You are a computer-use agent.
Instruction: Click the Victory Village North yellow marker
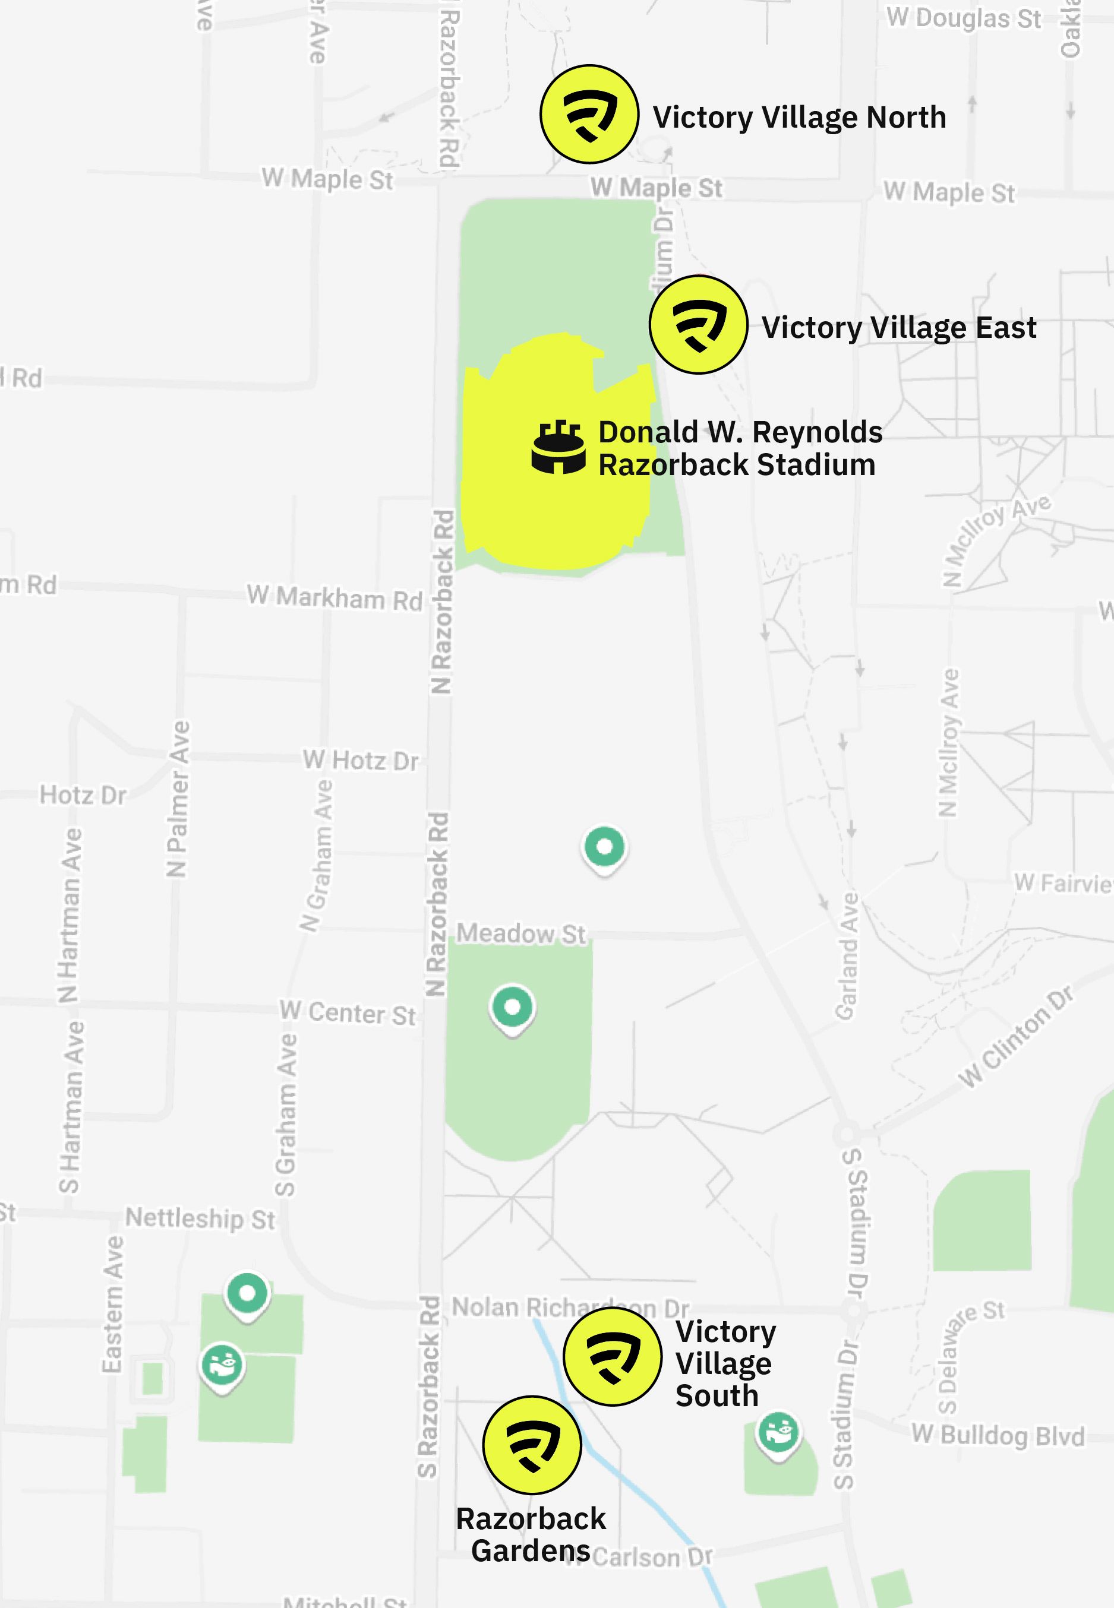(589, 115)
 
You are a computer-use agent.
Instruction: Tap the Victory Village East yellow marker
(698, 324)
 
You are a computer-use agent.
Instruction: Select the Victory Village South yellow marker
(612, 1356)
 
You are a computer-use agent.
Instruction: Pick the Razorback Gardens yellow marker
(532, 1445)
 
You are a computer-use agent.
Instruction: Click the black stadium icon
(558, 447)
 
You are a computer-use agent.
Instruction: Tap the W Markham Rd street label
(335, 598)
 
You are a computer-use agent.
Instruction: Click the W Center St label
(348, 1012)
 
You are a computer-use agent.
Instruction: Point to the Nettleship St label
(200, 1218)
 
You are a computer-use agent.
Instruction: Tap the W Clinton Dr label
(1015, 1037)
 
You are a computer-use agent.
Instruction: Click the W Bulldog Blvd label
(998, 1435)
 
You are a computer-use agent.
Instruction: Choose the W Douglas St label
(964, 19)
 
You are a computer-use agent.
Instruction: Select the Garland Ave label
(847, 957)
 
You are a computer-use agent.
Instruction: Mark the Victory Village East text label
(899, 327)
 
